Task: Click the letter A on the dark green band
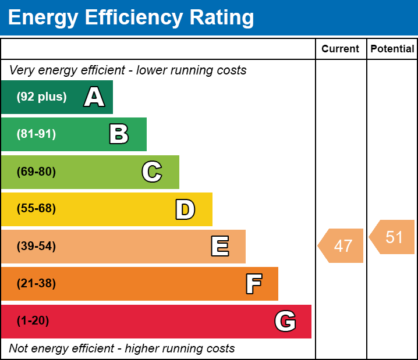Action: pyautogui.click(x=94, y=97)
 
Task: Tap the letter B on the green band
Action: pyautogui.click(x=119, y=134)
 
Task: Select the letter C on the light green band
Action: pyautogui.click(x=151, y=172)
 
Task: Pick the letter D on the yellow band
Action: pyautogui.click(x=185, y=209)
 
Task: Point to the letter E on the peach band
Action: pyautogui.click(x=219, y=247)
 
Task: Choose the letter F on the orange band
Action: pyautogui.click(x=253, y=284)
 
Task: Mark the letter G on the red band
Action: pyautogui.click(x=285, y=321)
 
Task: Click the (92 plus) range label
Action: pyautogui.click(x=41, y=97)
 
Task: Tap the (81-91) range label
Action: pyautogui.click(x=36, y=134)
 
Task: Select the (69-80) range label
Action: pyautogui.click(x=36, y=172)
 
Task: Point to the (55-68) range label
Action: pyautogui.click(x=36, y=209)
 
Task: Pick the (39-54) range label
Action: pyautogui.click(x=36, y=247)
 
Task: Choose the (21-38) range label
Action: pyautogui.click(x=36, y=284)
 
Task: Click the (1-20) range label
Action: pyautogui.click(x=33, y=321)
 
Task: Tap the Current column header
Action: pyautogui.click(x=341, y=49)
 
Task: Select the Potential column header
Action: pyautogui.click(x=392, y=49)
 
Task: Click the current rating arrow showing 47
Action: pyautogui.click(x=342, y=246)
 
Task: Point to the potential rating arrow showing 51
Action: pyautogui.click(x=393, y=237)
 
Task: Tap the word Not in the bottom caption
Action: pyautogui.click(x=19, y=349)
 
